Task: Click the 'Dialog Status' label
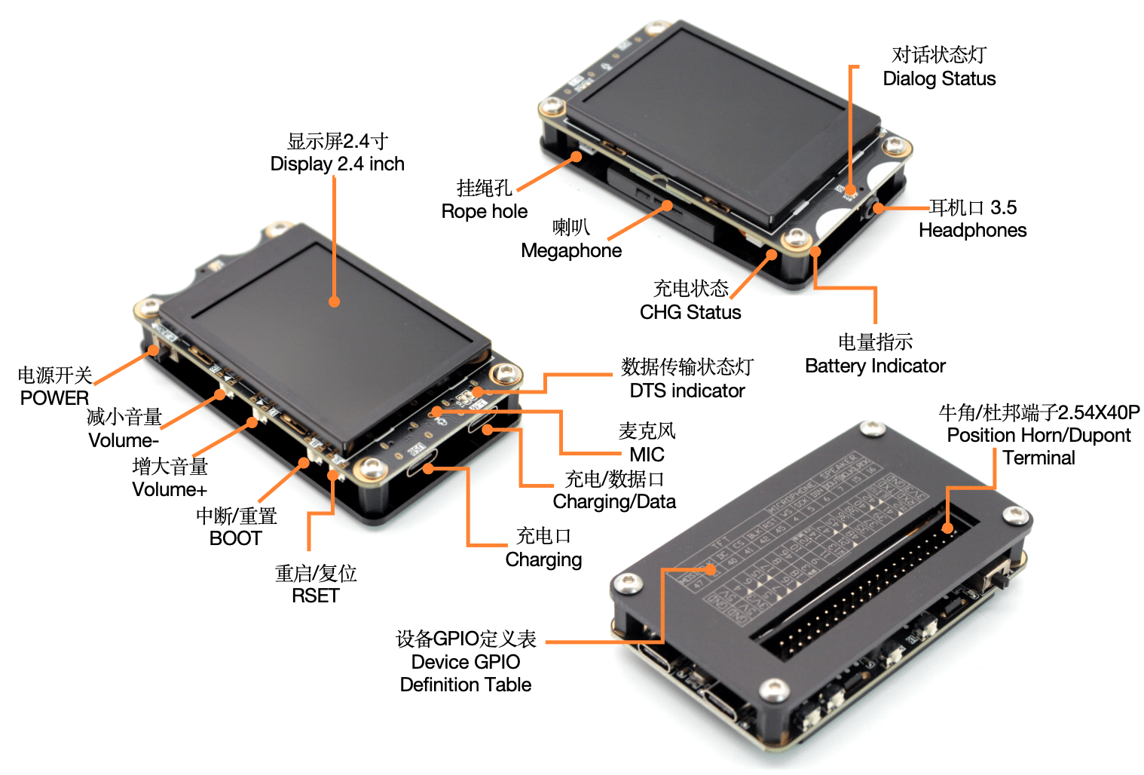[x=939, y=78]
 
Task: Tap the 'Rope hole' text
[x=484, y=211]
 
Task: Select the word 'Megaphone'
[x=571, y=250]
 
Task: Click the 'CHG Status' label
[x=690, y=312]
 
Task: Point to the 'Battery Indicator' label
[x=875, y=366]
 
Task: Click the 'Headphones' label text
[x=972, y=230]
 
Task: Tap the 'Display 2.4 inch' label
[x=337, y=164]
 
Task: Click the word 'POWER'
[x=54, y=397]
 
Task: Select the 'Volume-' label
[x=124, y=440]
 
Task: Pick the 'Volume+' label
[x=170, y=489]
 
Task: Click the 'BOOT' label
[x=235, y=538]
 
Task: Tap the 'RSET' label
[x=315, y=596]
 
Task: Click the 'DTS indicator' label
[x=687, y=391]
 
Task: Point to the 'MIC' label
[x=647, y=455]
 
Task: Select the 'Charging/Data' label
[x=614, y=501]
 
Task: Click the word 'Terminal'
[x=1038, y=458]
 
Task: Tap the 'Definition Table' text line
[x=466, y=685]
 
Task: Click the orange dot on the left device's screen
[x=334, y=302]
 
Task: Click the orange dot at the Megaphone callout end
[x=667, y=205]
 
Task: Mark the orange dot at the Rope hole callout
[x=577, y=157]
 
